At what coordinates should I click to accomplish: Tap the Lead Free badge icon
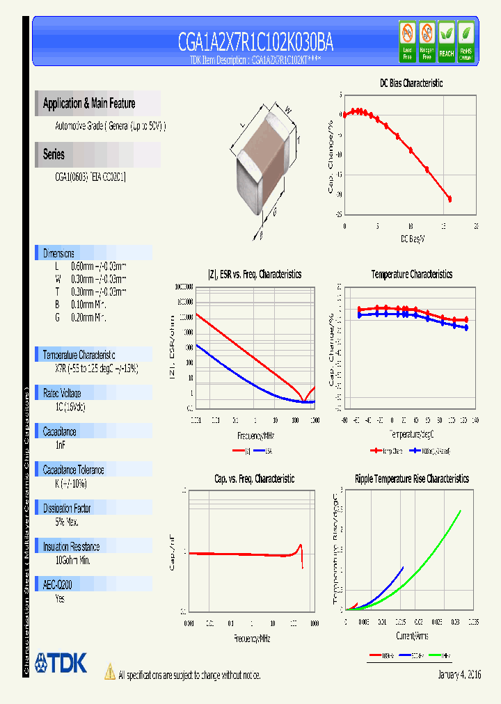[x=408, y=40]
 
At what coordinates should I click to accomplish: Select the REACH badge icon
[x=446, y=40]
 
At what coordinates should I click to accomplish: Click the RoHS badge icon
[x=466, y=40]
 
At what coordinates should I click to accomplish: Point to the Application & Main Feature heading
[x=89, y=104]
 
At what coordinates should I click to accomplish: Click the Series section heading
[x=54, y=154]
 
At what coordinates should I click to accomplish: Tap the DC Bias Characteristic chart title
[x=411, y=83]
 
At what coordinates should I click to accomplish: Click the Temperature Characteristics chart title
[x=411, y=274]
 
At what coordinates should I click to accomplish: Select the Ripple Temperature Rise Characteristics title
[x=411, y=479]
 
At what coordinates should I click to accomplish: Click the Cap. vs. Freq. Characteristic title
[x=254, y=479]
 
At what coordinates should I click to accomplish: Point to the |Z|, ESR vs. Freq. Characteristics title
[x=255, y=274]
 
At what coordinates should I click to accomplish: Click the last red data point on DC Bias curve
[x=450, y=199]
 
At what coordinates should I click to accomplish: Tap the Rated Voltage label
[x=62, y=393]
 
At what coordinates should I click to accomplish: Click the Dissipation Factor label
[x=67, y=509]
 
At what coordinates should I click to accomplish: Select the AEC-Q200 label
[x=58, y=585]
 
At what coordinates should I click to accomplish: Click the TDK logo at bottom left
[x=61, y=663]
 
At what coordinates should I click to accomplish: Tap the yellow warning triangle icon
[x=109, y=671]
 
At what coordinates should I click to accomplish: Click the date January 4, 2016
[x=459, y=675]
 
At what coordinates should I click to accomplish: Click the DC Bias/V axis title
[x=413, y=239]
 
